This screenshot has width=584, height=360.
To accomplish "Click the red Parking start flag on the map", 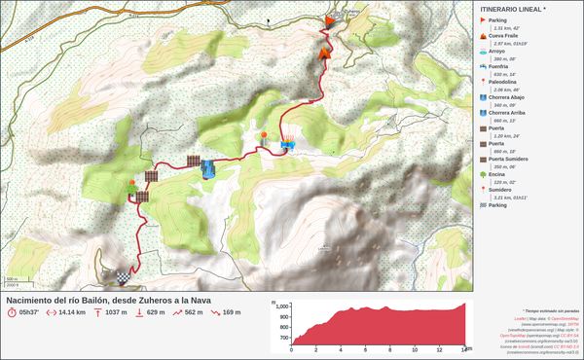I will [330, 21].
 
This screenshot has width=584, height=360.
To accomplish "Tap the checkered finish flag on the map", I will [123, 276].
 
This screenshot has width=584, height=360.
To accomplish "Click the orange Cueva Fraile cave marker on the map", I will [325, 54].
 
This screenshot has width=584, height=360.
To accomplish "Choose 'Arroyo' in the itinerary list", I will [496, 51].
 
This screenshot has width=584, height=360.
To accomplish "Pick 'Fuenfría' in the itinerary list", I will [499, 66].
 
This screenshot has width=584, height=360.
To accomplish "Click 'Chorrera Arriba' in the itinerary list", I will [510, 113].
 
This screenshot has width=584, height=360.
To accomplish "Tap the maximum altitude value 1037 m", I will [116, 312].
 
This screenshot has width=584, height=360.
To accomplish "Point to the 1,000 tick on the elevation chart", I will [282, 306].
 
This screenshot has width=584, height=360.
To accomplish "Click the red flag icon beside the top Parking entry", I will [483, 20].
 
